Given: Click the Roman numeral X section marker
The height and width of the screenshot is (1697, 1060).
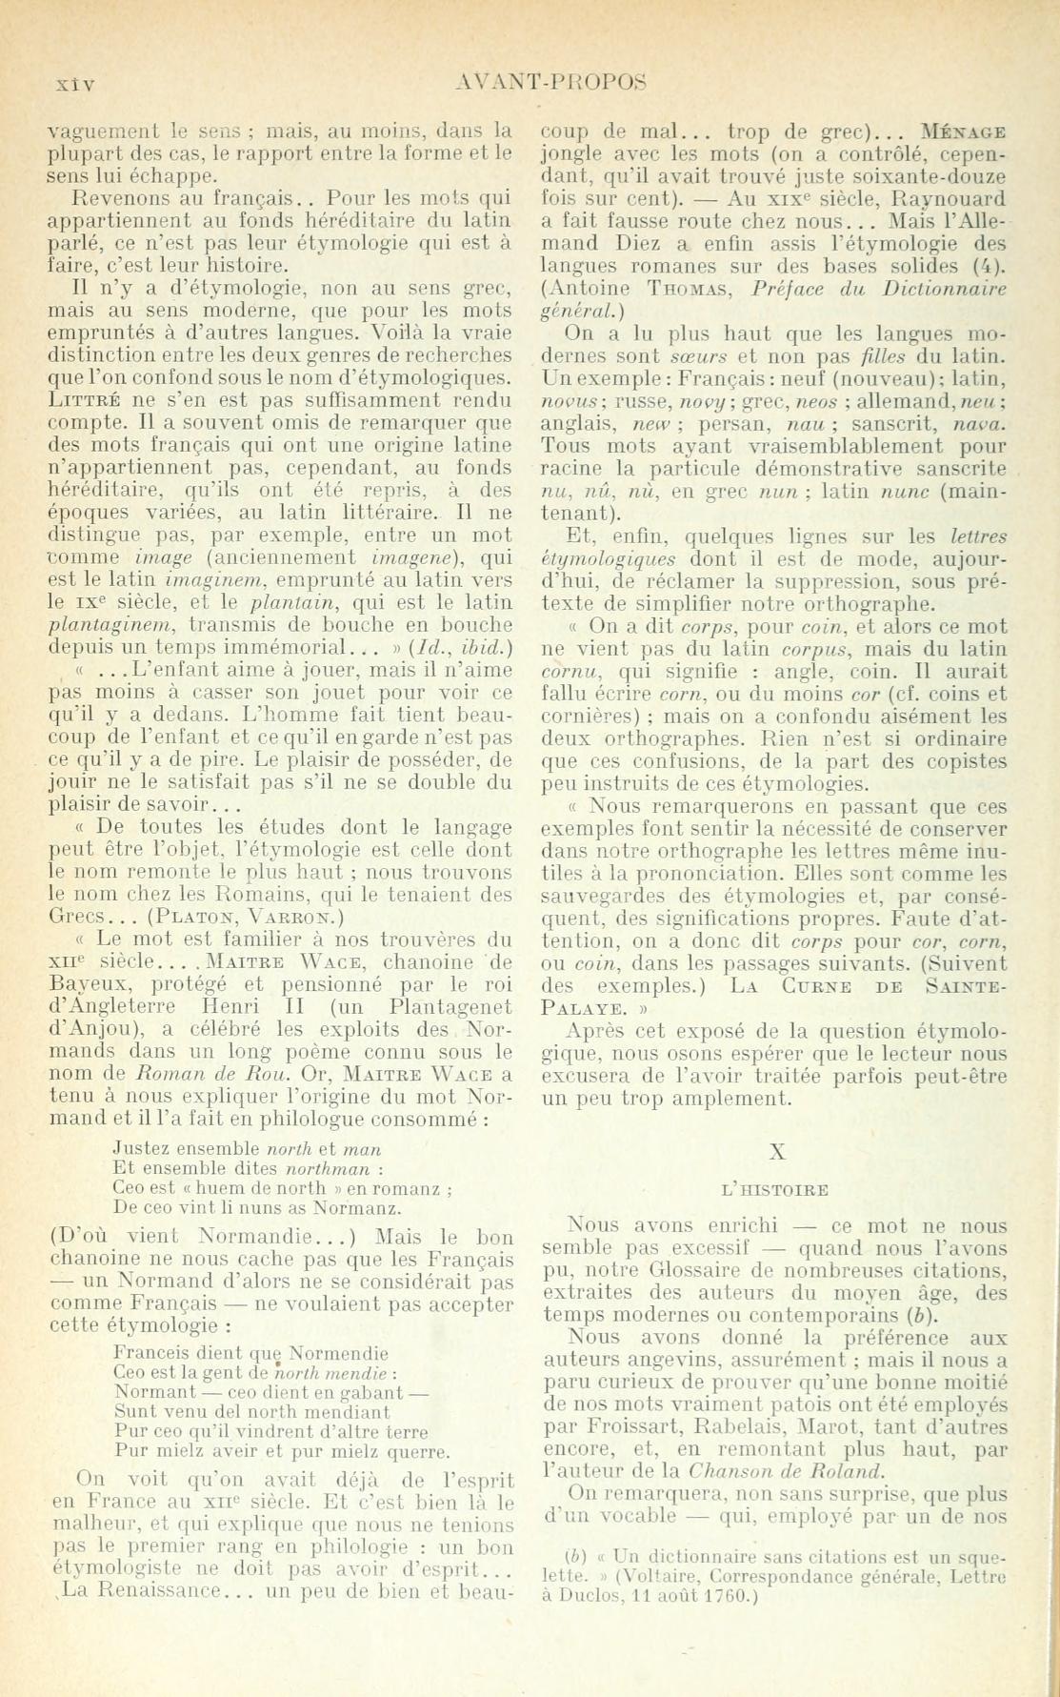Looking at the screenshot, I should click(x=776, y=1151).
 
